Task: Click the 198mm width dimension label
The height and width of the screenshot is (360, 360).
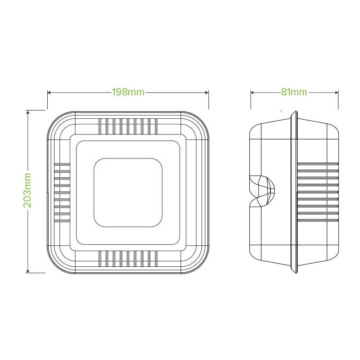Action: [x=128, y=92]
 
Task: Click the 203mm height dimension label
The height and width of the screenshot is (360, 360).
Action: [x=27, y=190]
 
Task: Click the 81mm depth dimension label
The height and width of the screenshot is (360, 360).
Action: [x=294, y=92]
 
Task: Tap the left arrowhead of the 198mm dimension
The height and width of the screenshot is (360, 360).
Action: [x=49, y=93]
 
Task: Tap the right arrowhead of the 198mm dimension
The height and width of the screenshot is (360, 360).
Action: [x=207, y=93]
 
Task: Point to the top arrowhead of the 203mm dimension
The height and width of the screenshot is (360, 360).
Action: [x=28, y=112]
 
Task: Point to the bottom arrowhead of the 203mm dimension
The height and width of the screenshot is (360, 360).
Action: [x=28, y=271]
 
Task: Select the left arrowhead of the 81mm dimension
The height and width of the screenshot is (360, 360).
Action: [x=252, y=93]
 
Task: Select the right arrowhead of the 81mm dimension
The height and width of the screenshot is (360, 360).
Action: [x=337, y=93]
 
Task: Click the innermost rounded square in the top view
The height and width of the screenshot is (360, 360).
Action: [x=128, y=158]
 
